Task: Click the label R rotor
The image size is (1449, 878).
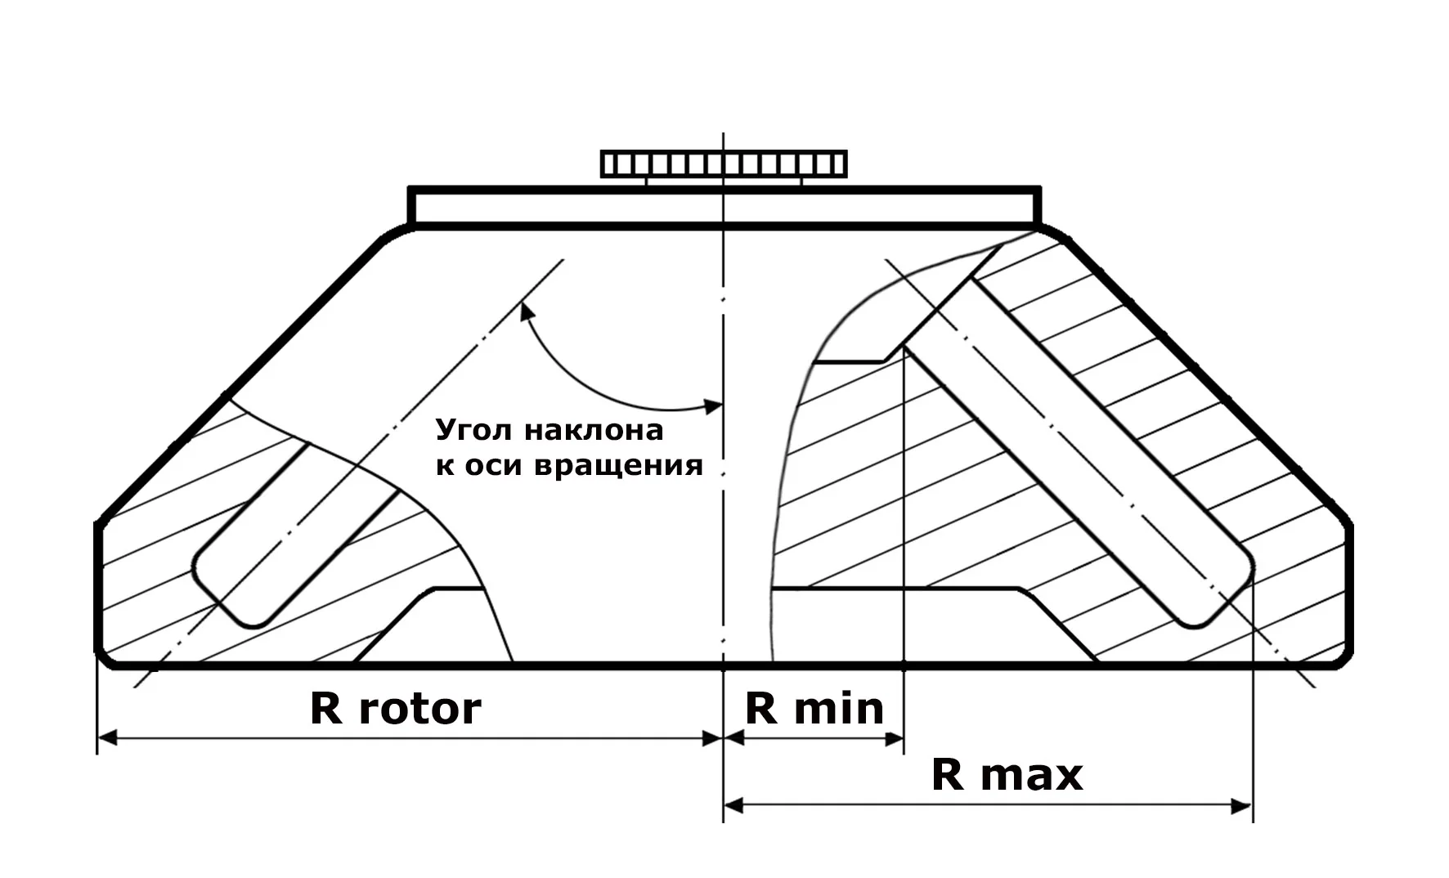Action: coord(396,708)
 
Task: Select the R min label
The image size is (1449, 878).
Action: coord(814,708)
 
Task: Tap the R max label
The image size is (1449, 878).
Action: coord(1007,774)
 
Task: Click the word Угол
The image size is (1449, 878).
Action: coord(473,430)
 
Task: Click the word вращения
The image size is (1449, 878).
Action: coord(618,466)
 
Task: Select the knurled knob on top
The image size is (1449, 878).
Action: coord(724,164)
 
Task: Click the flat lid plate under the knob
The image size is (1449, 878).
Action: coord(724,205)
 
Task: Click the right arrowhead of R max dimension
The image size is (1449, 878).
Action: coord(1242,807)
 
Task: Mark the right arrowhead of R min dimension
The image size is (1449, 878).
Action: coord(894,738)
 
